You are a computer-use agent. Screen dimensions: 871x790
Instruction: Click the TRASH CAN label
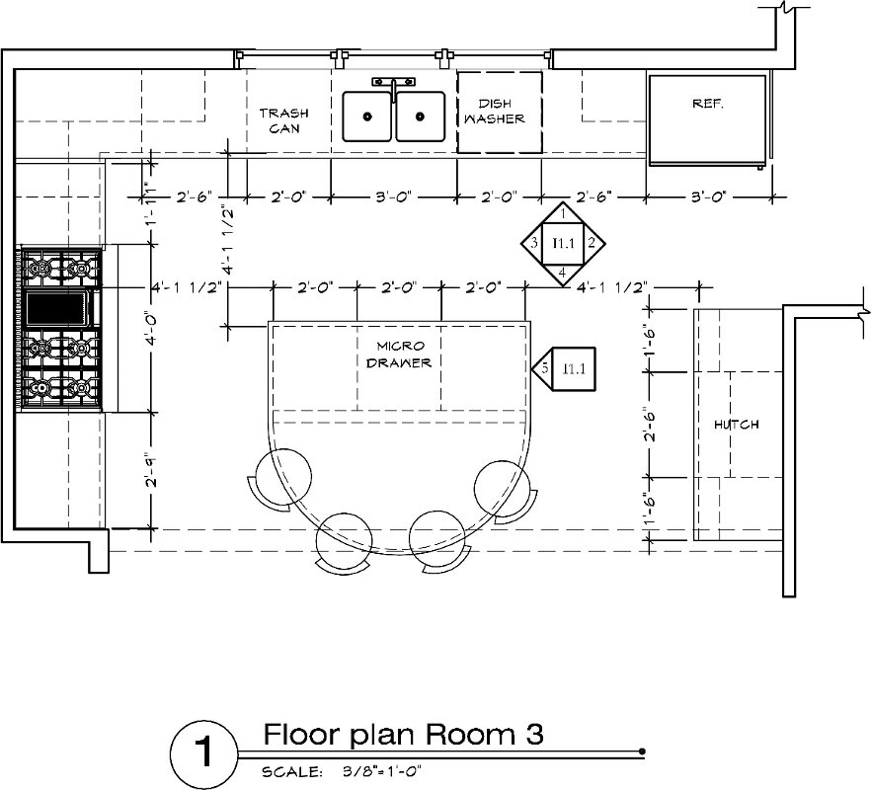coord(283,120)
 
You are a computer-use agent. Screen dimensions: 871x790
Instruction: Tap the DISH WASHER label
coord(495,112)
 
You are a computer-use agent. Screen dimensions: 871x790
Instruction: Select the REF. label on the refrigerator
coord(708,104)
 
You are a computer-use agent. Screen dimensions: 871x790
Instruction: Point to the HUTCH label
coord(737,425)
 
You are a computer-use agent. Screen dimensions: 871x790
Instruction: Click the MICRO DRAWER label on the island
coord(399,355)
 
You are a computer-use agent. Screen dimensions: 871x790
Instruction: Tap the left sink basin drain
coord(367,117)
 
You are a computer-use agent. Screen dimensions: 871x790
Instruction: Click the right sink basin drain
coord(420,117)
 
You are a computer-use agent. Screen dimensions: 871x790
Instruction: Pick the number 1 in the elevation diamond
coord(563,212)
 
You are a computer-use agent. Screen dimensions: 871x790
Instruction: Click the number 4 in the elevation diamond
coord(562,273)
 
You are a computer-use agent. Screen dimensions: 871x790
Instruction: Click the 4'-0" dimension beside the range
coord(151,330)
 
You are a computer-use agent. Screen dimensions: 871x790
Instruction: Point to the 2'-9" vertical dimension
coord(151,471)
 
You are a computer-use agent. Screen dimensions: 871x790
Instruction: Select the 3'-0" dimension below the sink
coord(393,197)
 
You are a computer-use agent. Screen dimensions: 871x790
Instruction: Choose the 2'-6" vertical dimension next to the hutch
coord(650,426)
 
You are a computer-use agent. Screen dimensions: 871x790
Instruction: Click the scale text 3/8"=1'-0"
coord(381,771)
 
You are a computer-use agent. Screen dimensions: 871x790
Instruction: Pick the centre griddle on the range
coord(57,309)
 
